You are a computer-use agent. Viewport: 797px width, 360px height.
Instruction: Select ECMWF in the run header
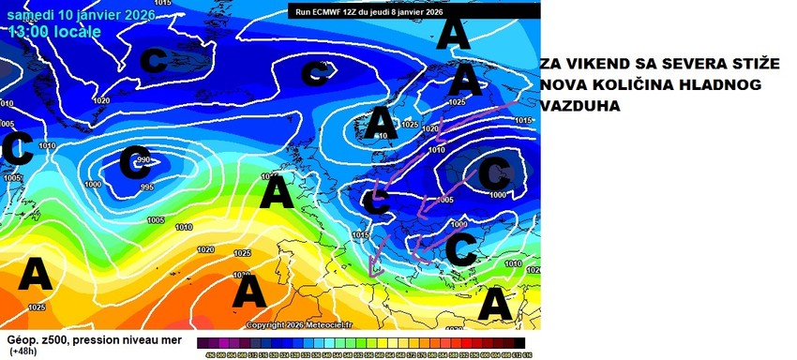point(333,10)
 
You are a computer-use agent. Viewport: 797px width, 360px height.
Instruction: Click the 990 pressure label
point(143,161)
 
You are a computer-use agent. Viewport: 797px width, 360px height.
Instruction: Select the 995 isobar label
point(147,187)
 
